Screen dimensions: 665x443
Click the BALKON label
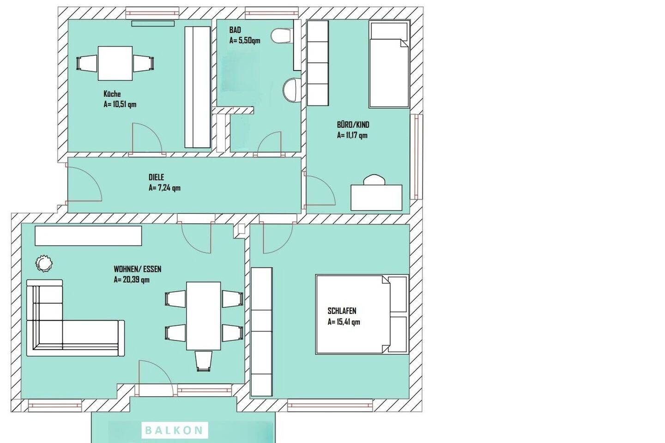[x=174, y=430]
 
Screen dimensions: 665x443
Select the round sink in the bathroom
[x=291, y=90]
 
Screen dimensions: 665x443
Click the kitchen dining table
[x=115, y=63]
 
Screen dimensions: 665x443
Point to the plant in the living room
[x=44, y=263]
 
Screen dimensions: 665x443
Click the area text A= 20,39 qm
[x=132, y=280]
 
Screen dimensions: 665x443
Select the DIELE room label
[x=156, y=178]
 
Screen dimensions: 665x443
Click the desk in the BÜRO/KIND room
[x=376, y=198]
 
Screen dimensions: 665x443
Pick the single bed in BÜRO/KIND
[x=389, y=64]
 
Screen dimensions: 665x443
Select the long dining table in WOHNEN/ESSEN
[x=203, y=316]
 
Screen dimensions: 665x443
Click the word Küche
[x=112, y=94]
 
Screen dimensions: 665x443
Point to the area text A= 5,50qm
[x=245, y=41]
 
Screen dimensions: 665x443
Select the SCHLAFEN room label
[x=342, y=311]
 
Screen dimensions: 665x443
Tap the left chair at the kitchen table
[x=86, y=64]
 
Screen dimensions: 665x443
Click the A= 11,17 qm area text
[x=352, y=135]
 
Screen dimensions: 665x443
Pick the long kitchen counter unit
[x=198, y=87]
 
